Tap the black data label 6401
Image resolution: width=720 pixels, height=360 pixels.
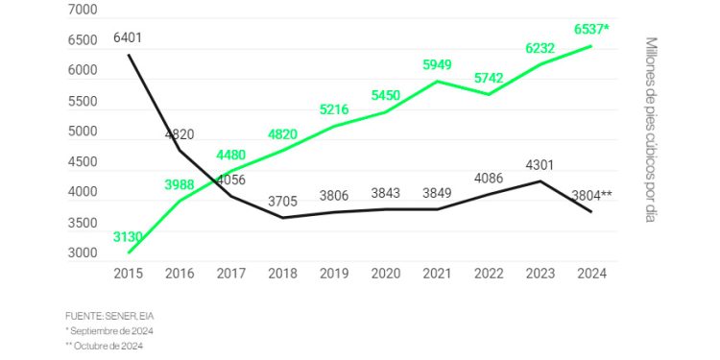coord(128,37)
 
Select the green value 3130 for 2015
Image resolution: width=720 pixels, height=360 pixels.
coord(128,236)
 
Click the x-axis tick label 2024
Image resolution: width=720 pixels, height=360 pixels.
coord(590,274)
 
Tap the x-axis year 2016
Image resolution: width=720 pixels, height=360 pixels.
coord(179,274)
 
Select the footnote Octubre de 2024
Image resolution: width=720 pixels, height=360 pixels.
coord(107,346)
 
